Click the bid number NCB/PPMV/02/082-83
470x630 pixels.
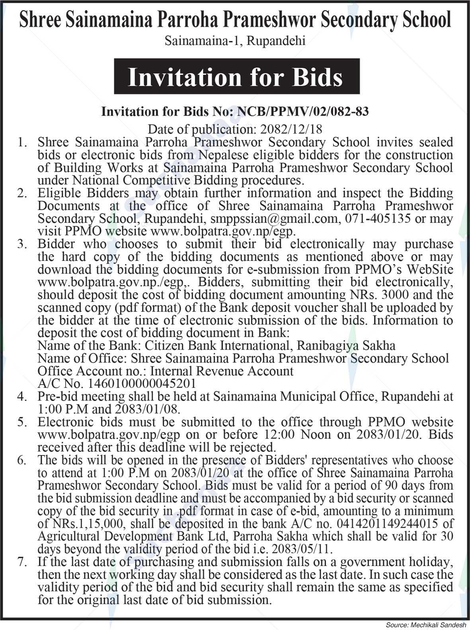[302, 111]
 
